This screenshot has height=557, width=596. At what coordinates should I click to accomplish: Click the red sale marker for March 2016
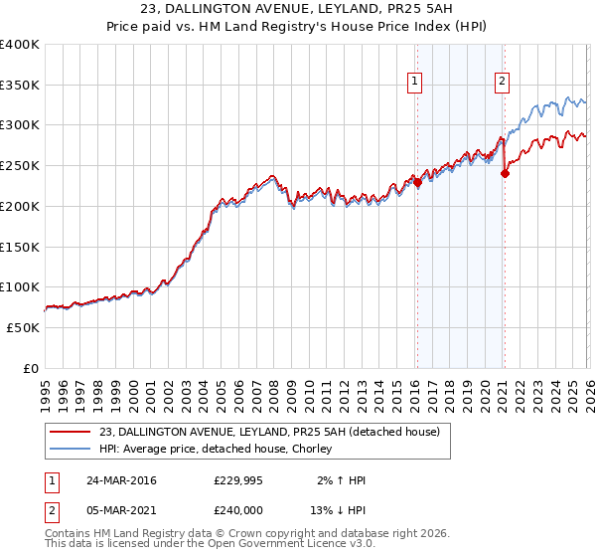[x=417, y=182]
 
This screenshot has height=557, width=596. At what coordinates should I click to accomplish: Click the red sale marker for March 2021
[x=505, y=173]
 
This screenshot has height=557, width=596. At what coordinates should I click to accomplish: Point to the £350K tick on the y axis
[x=20, y=86]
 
